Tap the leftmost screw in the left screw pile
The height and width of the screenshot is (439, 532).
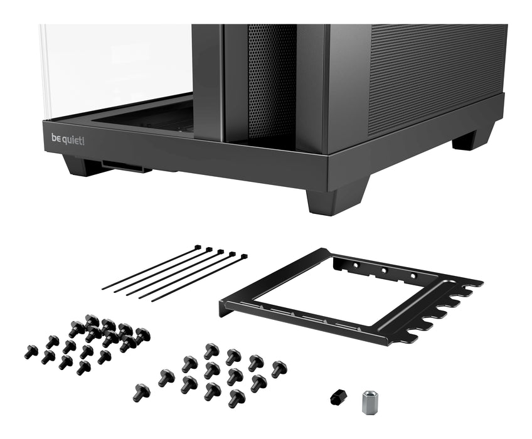[x=31, y=352]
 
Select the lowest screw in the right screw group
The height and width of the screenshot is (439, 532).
[x=237, y=398]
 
